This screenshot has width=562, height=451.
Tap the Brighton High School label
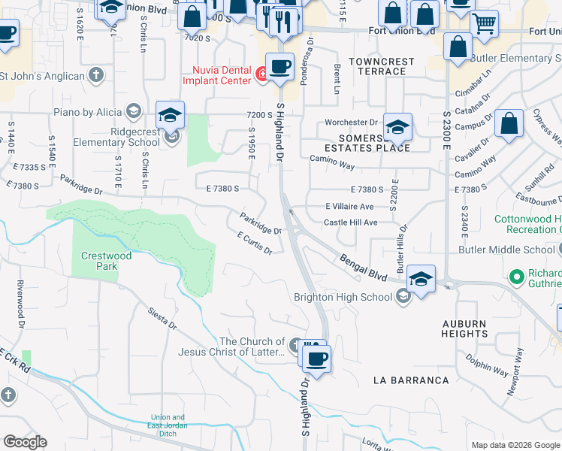point(344,297)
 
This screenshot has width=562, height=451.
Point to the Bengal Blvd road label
point(364,268)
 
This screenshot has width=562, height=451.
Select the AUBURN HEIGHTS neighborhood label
point(464,328)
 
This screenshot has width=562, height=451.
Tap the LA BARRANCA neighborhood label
point(411,380)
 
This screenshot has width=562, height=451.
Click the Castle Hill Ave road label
point(350,222)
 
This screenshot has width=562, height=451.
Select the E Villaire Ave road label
point(349,206)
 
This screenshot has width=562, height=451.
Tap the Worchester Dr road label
point(350,123)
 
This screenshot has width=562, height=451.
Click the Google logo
point(26,441)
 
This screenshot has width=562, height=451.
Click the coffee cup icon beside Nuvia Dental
point(280,66)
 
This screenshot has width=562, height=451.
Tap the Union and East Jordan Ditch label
point(168,422)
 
